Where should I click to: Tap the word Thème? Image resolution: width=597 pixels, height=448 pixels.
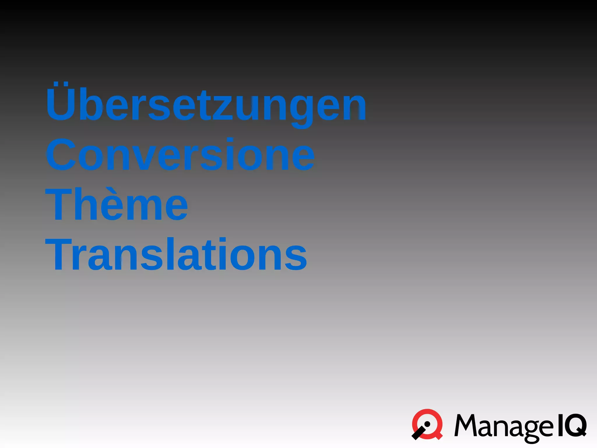pos(117,204)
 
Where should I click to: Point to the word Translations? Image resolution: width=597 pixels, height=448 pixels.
pos(176,254)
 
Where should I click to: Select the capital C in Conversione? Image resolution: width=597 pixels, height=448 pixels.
pos(61,154)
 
